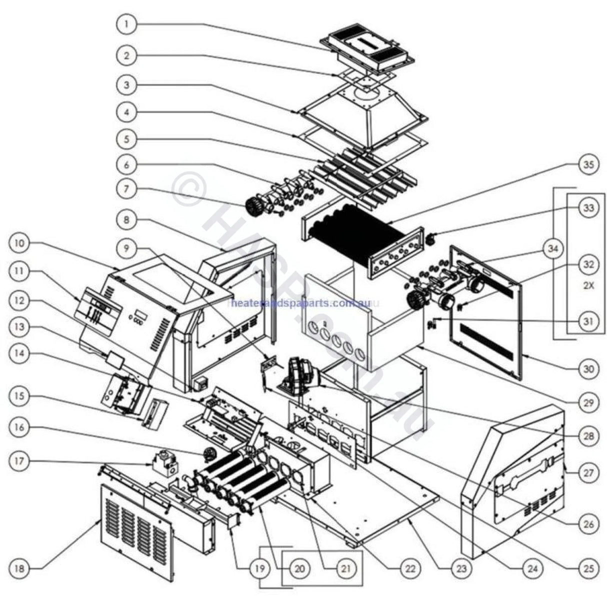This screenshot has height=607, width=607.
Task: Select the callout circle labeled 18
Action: (19, 568)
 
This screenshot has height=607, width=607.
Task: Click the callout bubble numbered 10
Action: (19, 243)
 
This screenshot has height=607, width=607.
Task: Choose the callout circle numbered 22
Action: (410, 568)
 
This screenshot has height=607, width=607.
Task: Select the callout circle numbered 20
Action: (300, 568)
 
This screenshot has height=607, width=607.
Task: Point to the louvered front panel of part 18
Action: (136, 530)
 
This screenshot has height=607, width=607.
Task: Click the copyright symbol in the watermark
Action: (189, 190)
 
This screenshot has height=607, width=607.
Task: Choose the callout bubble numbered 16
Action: (19, 428)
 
